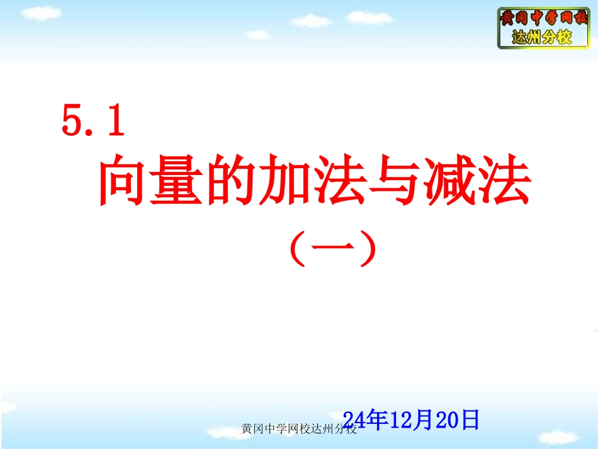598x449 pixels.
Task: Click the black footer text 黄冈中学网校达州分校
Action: (x=300, y=429)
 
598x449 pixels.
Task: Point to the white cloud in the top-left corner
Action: (x=40, y=13)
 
